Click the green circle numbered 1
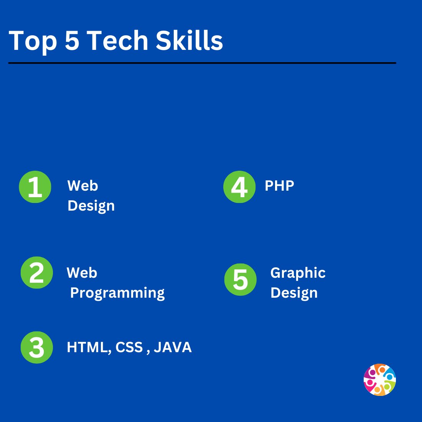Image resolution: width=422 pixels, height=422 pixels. pos(35,187)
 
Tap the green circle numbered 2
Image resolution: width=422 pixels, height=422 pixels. pos(36,273)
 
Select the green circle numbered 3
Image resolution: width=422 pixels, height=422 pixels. pos(36,348)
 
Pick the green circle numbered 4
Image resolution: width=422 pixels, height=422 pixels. pos(239,187)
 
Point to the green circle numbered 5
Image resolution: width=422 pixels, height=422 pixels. pos(241,279)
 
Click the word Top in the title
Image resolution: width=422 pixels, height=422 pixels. pos(33,41)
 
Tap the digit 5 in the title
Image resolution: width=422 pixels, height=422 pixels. pos(72,40)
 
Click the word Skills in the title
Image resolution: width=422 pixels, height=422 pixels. pos(189,40)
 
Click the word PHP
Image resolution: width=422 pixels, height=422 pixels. pos(279,186)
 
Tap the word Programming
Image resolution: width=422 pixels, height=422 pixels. pos(117,293)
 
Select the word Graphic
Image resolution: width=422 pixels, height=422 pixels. pos(298,273)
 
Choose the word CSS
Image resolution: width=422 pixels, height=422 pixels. pos(129,348)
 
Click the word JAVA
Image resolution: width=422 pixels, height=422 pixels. pos(173,348)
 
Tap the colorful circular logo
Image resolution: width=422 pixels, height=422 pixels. pos(379,380)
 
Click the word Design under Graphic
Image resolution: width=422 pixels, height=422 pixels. pos(294,293)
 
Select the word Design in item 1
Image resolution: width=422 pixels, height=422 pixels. pos(91,206)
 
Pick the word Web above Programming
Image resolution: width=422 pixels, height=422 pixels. pos(82,273)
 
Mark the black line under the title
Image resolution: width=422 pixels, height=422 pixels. pos(202,63)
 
